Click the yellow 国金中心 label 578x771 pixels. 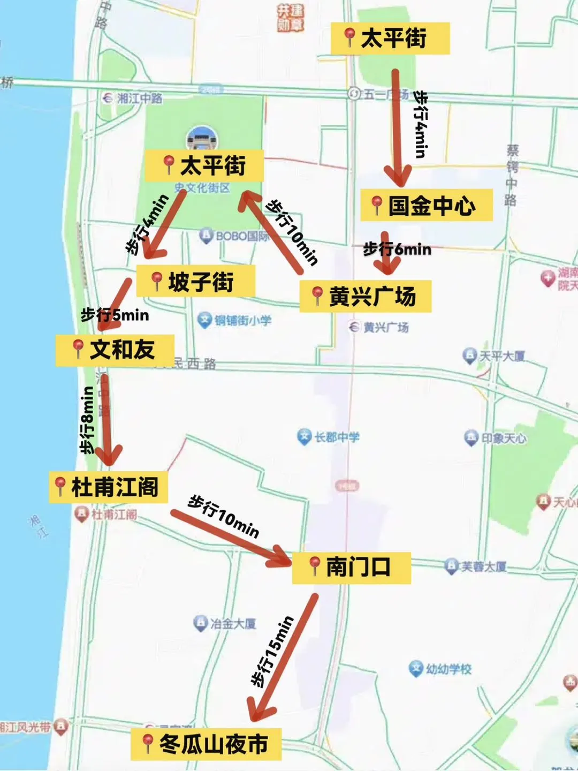427,205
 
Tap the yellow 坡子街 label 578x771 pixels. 196,282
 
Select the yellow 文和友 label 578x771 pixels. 115,350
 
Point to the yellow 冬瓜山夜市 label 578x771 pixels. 206,744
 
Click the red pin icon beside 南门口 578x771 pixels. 315,566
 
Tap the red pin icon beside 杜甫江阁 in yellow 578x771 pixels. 60,486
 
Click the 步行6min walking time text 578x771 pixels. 397,249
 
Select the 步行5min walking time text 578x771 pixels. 115,315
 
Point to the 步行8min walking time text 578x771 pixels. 87,420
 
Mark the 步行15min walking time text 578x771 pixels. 272,651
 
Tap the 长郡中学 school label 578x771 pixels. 329,437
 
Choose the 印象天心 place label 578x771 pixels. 496,438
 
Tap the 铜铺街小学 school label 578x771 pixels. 235,320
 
